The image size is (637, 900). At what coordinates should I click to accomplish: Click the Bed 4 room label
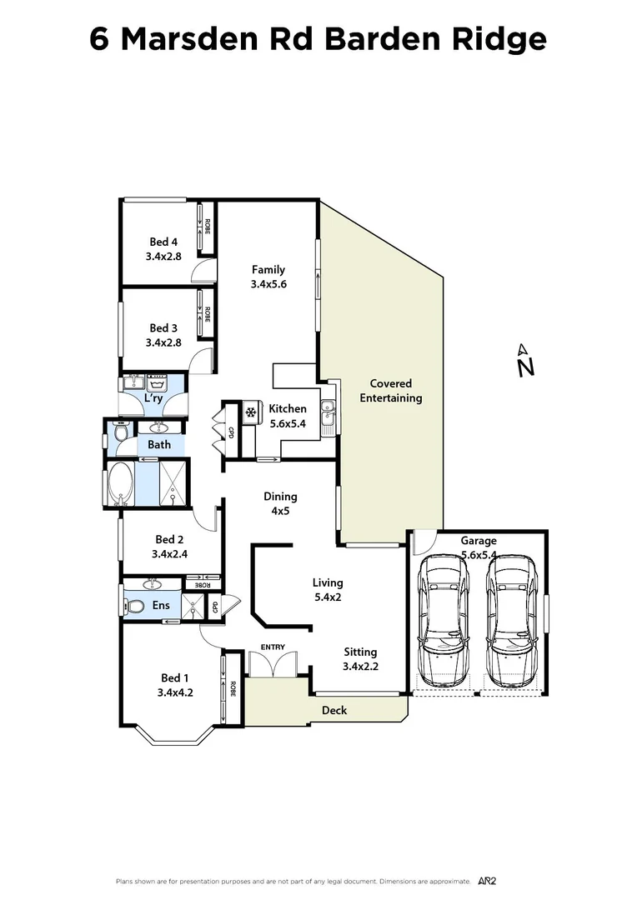tap(163, 242)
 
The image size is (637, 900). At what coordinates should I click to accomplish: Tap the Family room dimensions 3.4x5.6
tap(268, 284)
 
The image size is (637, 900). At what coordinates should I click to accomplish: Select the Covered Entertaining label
tap(391, 391)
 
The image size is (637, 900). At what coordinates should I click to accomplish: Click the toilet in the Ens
tap(137, 606)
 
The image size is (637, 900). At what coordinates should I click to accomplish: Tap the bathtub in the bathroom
tap(121, 486)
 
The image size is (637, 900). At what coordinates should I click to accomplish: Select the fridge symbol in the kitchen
tap(249, 412)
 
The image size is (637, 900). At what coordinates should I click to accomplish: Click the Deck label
tap(334, 710)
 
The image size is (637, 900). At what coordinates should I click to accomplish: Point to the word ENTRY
tap(273, 647)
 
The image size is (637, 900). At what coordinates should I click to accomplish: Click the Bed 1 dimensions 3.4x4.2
tap(175, 692)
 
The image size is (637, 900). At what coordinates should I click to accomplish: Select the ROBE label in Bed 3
tap(207, 314)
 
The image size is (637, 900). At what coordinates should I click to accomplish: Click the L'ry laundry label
tap(153, 399)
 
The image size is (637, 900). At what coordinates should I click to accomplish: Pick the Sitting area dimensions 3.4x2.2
tap(360, 666)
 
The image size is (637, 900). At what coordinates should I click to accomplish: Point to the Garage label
tap(478, 541)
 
